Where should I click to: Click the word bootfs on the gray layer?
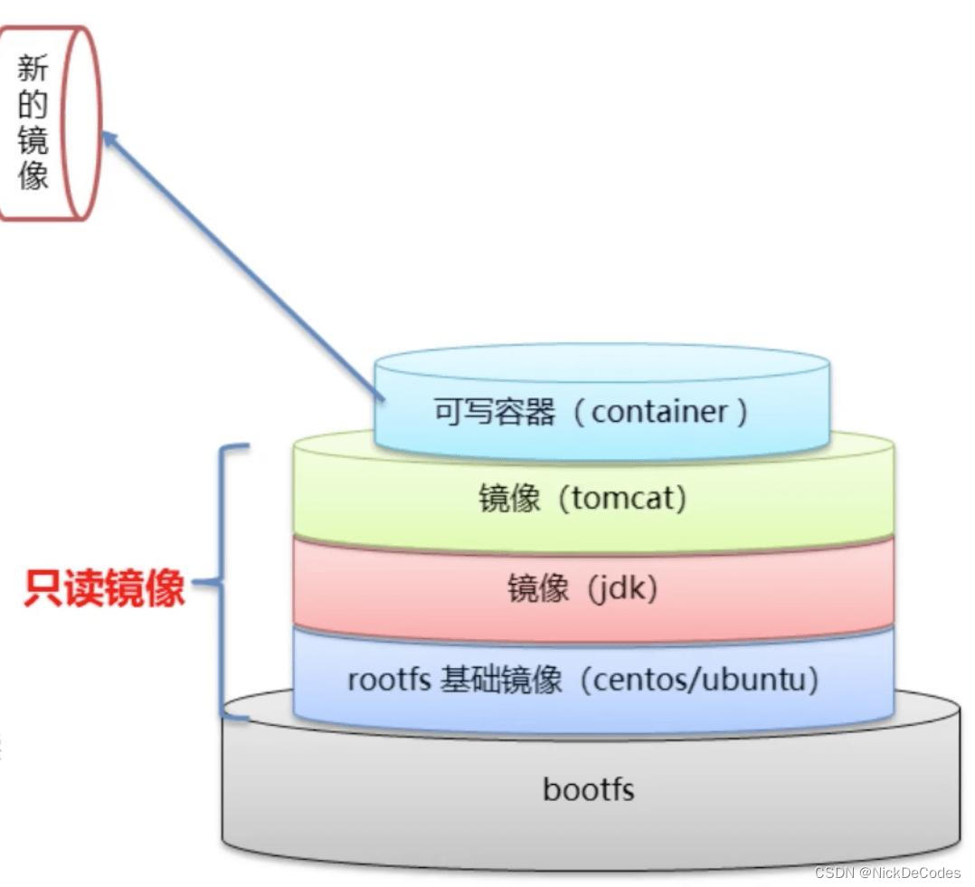click(x=589, y=788)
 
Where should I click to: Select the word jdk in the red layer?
click(x=620, y=589)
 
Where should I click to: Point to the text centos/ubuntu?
click(x=699, y=680)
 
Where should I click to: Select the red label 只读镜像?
click(x=104, y=588)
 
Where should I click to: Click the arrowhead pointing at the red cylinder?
click(x=109, y=138)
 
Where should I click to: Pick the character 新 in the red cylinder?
click(x=33, y=69)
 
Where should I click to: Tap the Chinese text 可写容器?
click(x=494, y=412)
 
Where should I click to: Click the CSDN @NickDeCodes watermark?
click(x=886, y=873)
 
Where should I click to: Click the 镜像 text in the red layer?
click(x=537, y=589)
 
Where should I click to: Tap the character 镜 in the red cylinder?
click(x=33, y=139)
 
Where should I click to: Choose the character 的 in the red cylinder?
click(x=33, y=104)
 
